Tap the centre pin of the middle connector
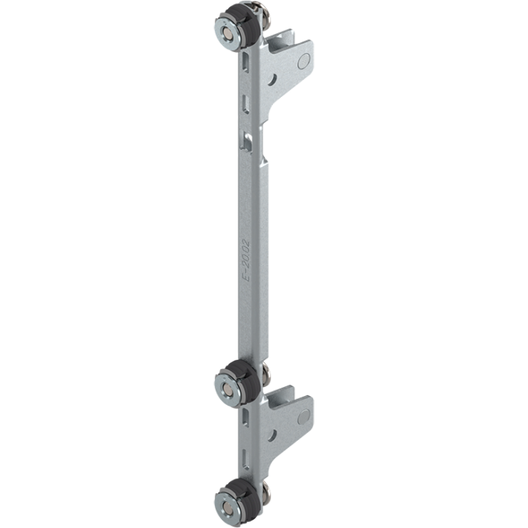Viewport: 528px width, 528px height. pos(229,391)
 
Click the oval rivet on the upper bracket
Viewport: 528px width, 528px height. pos(303,61)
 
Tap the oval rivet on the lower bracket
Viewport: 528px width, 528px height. pos(303,417)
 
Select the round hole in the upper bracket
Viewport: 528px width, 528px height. pos(272,80)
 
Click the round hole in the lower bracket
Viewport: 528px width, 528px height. pos(272,436)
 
